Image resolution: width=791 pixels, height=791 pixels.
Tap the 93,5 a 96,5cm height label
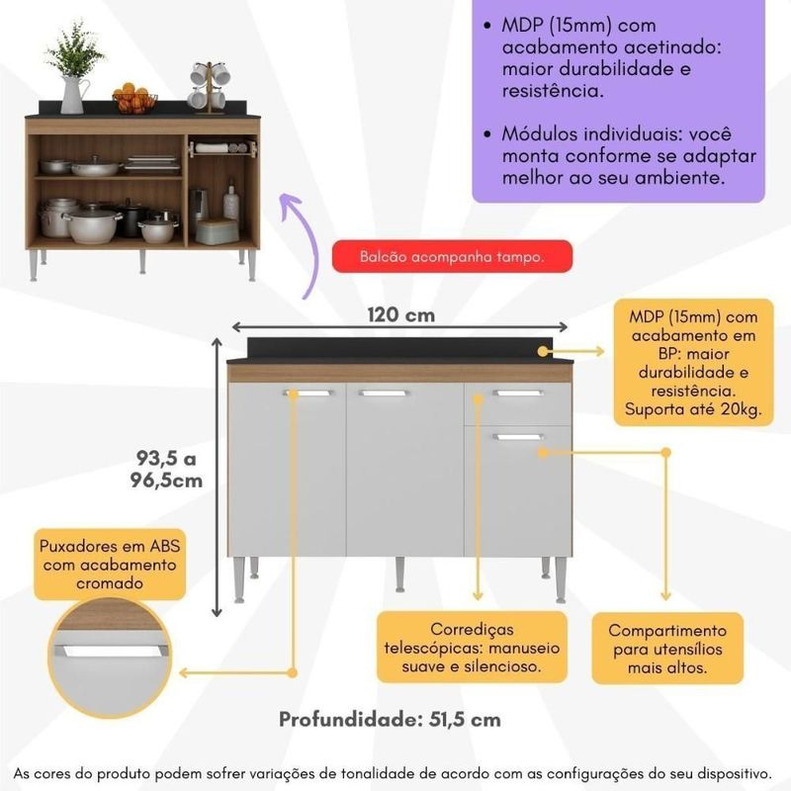[x=169, y=469]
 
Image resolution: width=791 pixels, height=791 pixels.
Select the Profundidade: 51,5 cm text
[x=390, y=719]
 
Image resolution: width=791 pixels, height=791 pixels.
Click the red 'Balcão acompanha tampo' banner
[x=452, y=257]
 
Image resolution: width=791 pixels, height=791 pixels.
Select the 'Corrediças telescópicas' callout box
[x=472, y=647]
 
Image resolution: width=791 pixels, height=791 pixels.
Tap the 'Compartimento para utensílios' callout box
[x=666, y=648]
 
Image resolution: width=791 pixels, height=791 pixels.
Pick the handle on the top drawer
[x=518, y=394]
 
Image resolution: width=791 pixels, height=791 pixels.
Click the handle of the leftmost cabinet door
[x=308, y=394]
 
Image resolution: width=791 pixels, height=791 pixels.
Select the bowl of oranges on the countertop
[x=134, y=100]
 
